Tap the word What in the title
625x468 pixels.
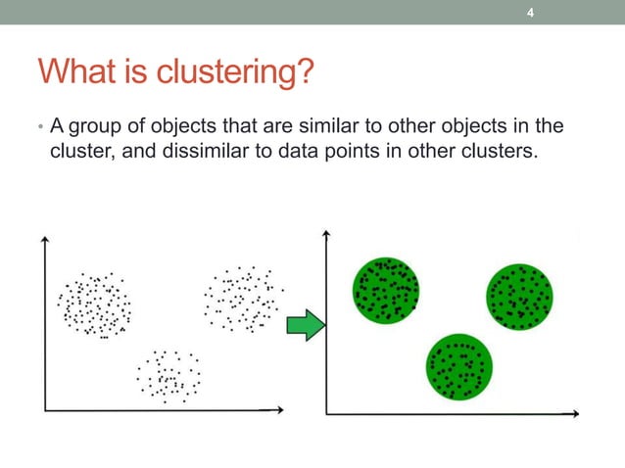[x=77, y=72]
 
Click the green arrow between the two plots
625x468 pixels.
[x=305, y=323]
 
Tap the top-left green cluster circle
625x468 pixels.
[x=386, y=290]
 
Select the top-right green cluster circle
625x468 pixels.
[x=519, y=297]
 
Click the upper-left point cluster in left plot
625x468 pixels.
[x=94, y=304]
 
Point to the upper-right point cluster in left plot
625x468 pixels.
[x=242, y=298]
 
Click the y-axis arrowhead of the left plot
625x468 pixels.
[x=44, y=241]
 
